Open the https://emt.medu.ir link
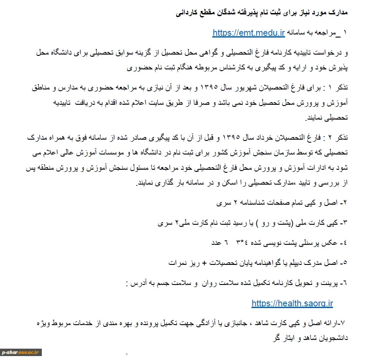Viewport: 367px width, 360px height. point(248,32)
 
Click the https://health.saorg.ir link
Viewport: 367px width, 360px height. point(292,303)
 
